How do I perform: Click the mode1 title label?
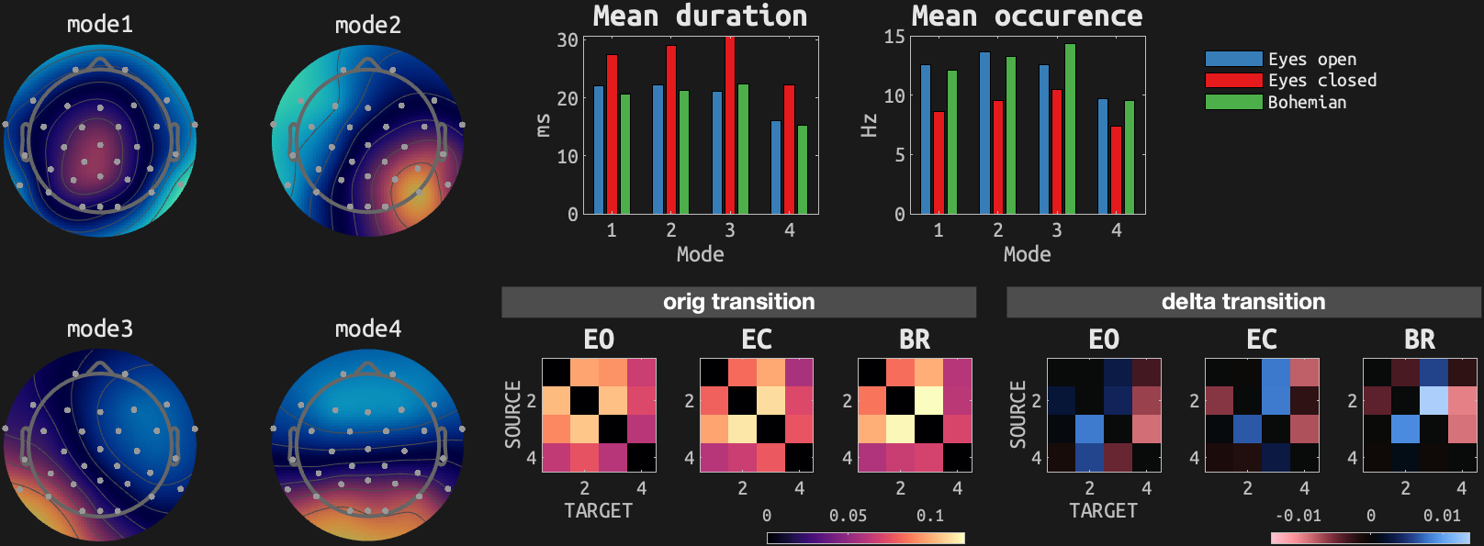pos(100,25)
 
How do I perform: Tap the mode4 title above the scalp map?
pos(368,329)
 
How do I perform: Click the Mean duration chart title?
pos(700,16)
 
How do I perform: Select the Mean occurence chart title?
pos(1027,16)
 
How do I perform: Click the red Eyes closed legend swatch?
pos(1233,80)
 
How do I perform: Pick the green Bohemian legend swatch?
pos(1233,102)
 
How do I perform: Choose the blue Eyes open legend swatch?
pos(1233,59)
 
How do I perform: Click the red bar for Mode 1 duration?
pos(612,134)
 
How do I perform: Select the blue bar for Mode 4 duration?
pos(776,167)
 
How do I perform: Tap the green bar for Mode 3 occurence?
pos(1070,128)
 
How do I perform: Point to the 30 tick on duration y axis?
pos(568,40)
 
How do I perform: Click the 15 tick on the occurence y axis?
pos(894,37)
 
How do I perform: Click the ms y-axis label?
pos(543,126)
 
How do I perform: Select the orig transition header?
pos(738,302)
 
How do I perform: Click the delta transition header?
pos(1242,302)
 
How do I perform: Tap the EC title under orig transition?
pos(757,340)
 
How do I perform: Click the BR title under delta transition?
pos(1419,340)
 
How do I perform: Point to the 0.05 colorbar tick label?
pos(848,516)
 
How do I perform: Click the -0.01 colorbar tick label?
pos(1298,516)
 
